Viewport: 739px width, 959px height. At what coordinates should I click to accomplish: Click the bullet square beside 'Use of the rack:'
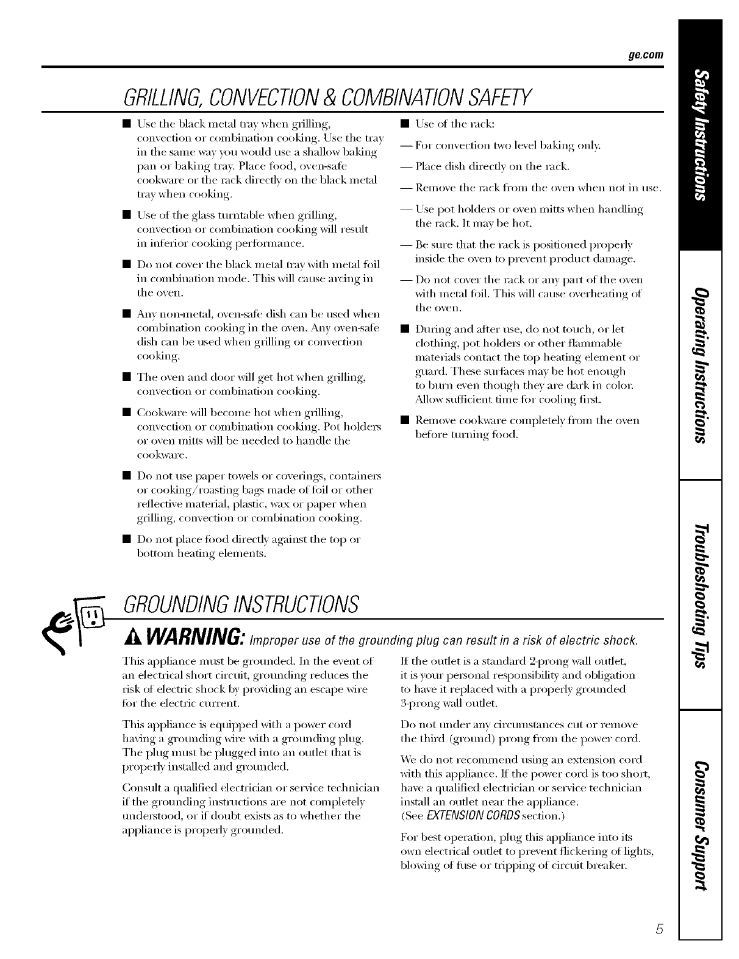(404, 124)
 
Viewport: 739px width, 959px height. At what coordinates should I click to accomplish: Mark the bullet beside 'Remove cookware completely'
(404, 420)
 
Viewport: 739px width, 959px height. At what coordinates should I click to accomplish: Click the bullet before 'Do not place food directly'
(126, 539)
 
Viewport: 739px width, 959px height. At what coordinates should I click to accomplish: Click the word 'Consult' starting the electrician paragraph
(141, 788)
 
